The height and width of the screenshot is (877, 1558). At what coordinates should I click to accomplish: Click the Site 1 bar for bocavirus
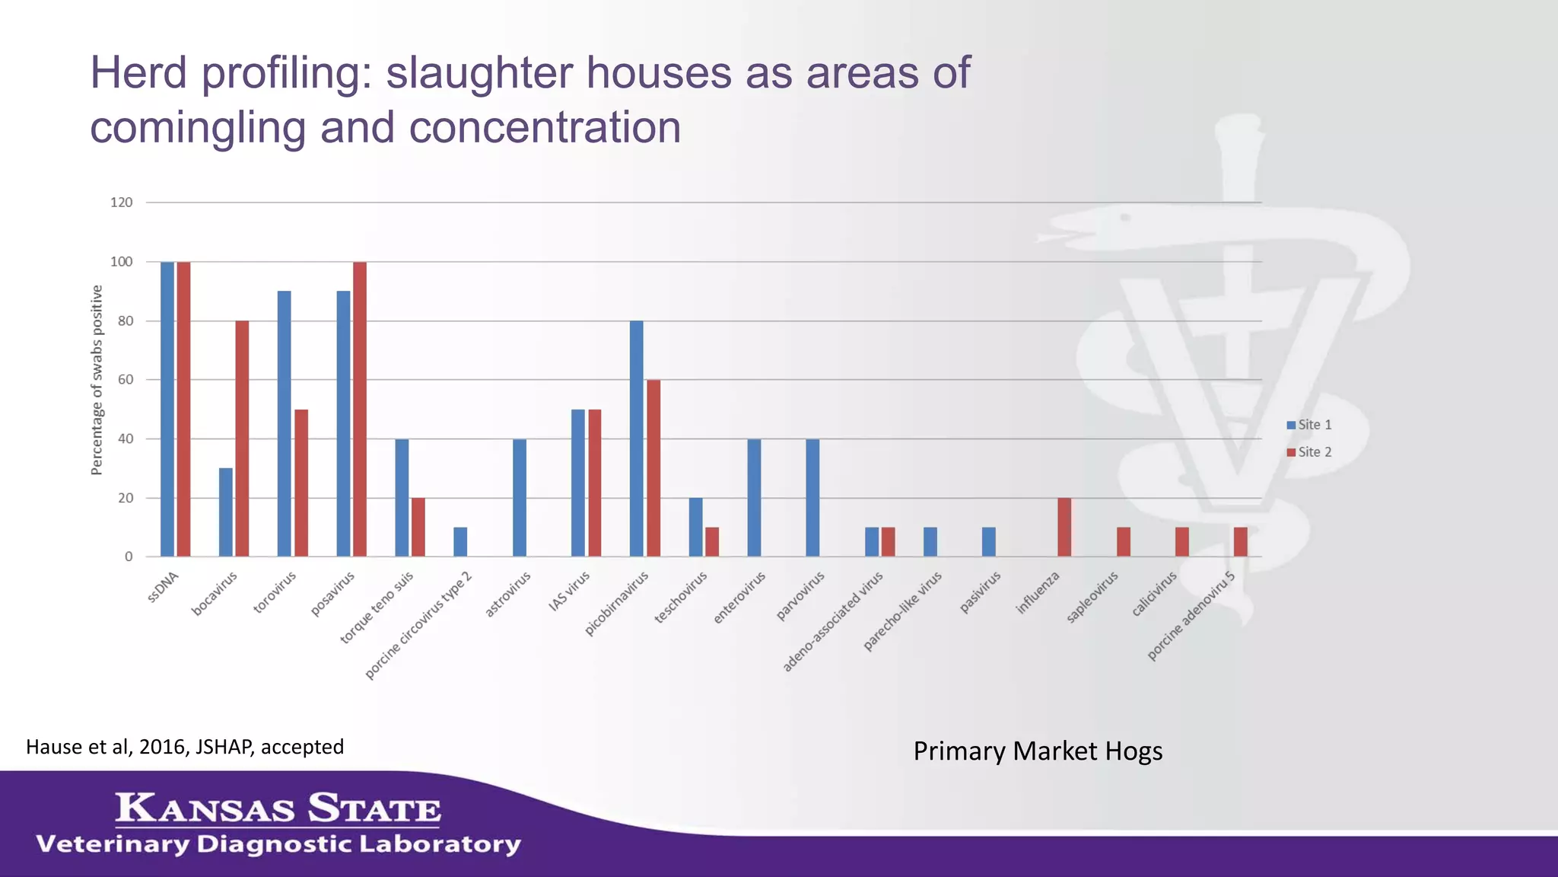tap(226, 512)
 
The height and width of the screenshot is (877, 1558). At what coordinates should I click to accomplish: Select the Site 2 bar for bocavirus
tap(242, 438)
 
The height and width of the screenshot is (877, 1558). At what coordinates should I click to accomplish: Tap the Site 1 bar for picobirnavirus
tap(637, 438)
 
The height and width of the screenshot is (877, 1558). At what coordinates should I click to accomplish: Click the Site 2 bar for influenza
tap(1064, 527)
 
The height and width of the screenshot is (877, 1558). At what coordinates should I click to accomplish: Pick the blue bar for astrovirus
tap(520, 498)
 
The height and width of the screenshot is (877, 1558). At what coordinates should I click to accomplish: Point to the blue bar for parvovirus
tap(812, 498)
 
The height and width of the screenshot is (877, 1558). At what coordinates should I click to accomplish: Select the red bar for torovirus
tap(301, 483)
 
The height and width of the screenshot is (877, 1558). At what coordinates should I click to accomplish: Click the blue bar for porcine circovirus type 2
tap(460, 541)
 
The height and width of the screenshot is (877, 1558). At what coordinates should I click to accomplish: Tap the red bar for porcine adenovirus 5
tap(1240, 541)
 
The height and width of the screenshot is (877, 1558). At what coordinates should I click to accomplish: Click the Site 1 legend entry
tap(1309, 425)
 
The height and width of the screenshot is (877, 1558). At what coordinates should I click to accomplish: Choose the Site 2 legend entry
tap(1309, 452)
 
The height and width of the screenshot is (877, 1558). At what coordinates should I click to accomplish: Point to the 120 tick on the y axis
tap(122, 203)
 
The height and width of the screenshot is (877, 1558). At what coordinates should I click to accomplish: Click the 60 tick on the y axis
tap(126, 379)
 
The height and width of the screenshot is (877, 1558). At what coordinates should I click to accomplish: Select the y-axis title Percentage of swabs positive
tap(97, 380)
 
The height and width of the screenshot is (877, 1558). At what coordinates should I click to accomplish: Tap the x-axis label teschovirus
tap(682, 597)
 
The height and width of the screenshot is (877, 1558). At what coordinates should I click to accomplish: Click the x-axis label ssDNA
tap(164, 587)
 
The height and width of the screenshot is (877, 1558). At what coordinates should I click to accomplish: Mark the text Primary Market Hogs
tap(1038, 751)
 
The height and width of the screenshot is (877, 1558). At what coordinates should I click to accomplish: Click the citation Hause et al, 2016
tap(185, 747)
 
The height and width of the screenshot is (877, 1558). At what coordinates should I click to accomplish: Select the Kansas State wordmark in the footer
tap(278, 808)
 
